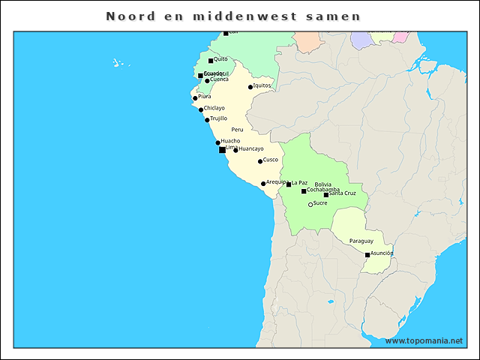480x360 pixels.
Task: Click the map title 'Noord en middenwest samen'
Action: (x=233, y=16)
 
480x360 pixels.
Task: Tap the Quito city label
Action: (x=220, y=58)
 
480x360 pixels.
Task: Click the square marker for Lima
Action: (x=222, y=150)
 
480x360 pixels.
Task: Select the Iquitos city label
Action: (x=262, y=85)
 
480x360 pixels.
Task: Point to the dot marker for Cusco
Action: (x=260, y=161)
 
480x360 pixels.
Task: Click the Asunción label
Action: (x=382, y=253)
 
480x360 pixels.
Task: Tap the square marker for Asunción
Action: (x=367, y=255)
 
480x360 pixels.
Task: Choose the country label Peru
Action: (x=237, y=130)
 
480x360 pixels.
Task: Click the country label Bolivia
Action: (x=322, y=184)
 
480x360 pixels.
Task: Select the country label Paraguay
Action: (x=361, y=241)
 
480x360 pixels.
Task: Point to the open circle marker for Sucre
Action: (x=310, y=204)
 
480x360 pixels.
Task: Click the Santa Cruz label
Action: (x=342, y=193)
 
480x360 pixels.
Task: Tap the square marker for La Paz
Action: (x=289, y=184)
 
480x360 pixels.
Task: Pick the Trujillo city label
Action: (x=218, y=118)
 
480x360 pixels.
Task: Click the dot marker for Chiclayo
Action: (x=201, y=109)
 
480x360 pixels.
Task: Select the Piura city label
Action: (x=205, y=96)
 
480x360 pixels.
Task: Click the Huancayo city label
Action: (x=251, y=148)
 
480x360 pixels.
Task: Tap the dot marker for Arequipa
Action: (x=263, y=184)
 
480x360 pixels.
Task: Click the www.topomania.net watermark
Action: (x=424, y=341)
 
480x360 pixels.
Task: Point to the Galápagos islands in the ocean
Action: (x=118, y=63)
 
